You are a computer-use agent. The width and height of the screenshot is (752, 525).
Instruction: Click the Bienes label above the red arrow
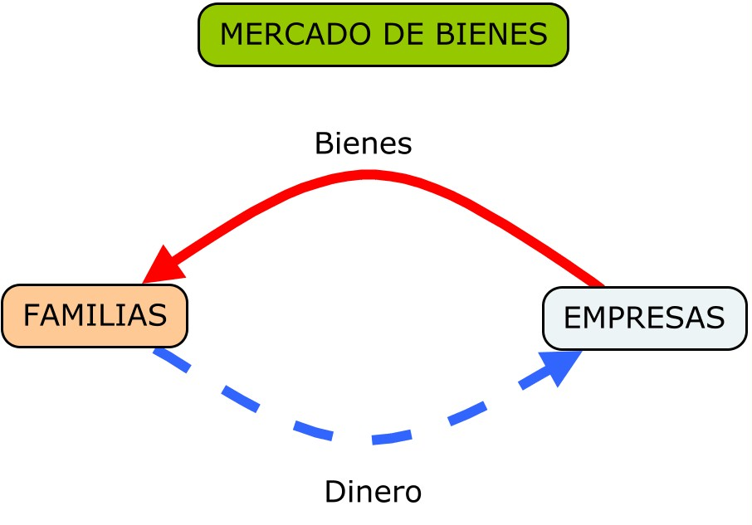coord(363,143)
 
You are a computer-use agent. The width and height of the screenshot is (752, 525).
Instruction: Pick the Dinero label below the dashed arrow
coord(373,492)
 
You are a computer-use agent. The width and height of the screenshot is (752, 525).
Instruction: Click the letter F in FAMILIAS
coord(30,316)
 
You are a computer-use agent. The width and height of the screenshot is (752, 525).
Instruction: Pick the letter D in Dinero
coord(333,492)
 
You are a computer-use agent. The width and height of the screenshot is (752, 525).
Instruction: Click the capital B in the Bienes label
coord(323,143)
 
